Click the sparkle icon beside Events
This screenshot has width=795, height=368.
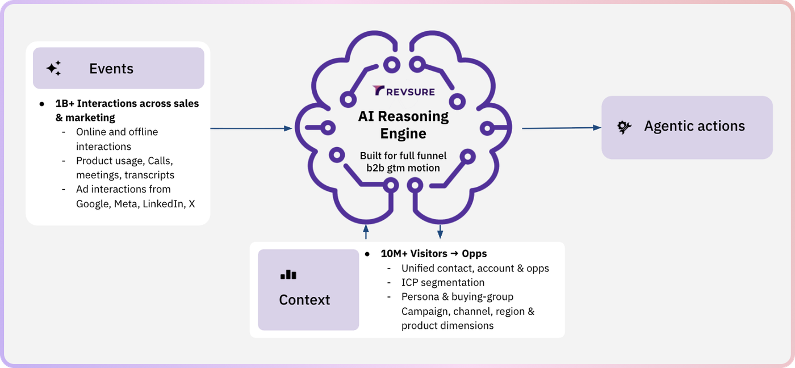tap(53, 68)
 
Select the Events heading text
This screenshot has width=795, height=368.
tap(111, 69)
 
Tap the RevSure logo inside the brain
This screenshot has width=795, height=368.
tap(404, 91)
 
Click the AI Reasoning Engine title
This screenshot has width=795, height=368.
tap(403, 124)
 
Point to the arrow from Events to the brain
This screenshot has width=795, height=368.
tap(251, 128)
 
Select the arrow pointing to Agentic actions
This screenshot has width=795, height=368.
tap(562, 128)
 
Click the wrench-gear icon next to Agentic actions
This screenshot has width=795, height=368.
tap(624, 127)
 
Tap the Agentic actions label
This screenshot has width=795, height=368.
tap(694, 126)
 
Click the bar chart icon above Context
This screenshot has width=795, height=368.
tap(288, 274)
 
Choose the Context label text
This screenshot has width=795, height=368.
tap(304, 300)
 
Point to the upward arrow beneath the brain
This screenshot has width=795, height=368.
tap(366, 231)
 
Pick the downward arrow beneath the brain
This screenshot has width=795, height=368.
tap(440, 231)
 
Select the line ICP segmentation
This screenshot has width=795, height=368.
tap(443, 282)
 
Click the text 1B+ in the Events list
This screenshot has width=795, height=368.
tap(65, 103)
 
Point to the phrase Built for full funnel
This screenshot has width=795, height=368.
tap(403, 156)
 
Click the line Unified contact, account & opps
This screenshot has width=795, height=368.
tap(475, 268)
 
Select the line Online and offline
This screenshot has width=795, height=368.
tap(117, 132)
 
